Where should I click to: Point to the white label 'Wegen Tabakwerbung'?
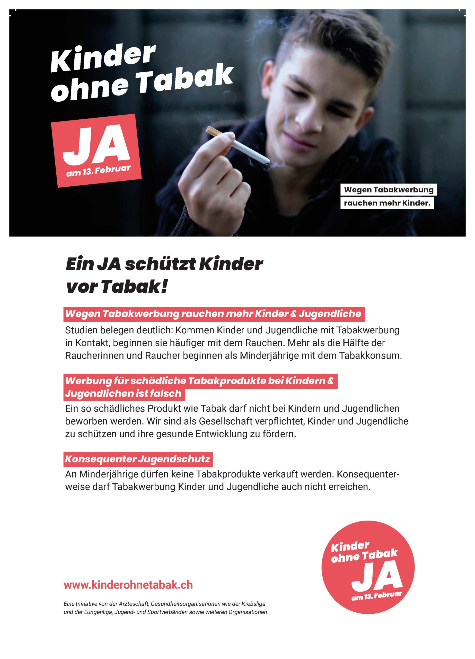click(x=389, y=190)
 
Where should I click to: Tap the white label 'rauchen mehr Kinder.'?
click(x=387, y=203)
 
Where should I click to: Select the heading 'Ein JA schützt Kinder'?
click(x=164, y=265)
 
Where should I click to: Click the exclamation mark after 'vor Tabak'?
click(x=164, y=287)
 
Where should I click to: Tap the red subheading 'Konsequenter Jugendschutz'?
click(x=137, y=459)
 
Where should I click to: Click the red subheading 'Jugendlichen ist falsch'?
click(x=123, y=394)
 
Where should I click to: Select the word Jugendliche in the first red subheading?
click(x=330, y=314)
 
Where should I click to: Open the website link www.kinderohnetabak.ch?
click(x=128, y=585)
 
